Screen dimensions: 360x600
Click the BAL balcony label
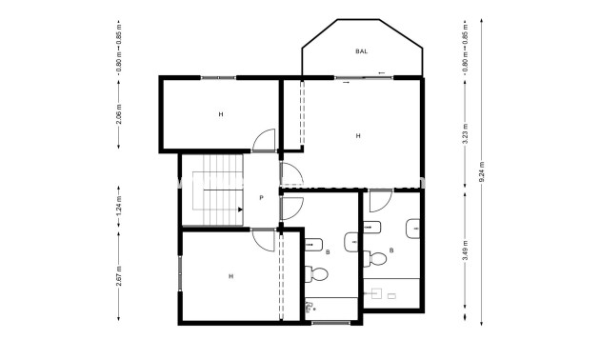coord(361,50)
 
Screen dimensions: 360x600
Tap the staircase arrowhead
coord(238,209)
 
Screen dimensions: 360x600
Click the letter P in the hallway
coord(261,198)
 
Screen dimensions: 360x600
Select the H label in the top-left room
coord(220,114)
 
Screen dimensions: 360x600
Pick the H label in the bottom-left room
coord(230,276)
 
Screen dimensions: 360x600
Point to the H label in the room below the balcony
coord(358,136)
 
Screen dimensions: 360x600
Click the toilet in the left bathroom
coord(318,273)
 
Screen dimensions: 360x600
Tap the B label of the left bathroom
coord(328,252)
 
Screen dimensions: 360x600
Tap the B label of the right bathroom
coord(391,251)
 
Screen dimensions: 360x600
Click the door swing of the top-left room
coord(263,141)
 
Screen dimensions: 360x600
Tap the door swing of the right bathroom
coord(378,202)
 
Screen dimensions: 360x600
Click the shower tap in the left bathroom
coord(310,308)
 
